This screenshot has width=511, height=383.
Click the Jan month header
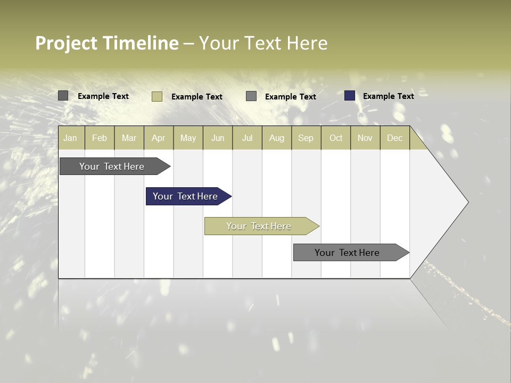pyautogui.click(x=70, y=138)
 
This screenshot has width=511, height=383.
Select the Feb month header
pyautogui.click(x=100, y=138)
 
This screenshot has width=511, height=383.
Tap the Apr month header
pyautogui.click(x=159, y=138)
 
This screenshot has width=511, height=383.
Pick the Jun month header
pyautogui.click(x=218, y=138)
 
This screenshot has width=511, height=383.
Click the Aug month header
pyautogui.click(x=277, y=138)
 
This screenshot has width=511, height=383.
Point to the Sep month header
pyautogui.click(x=306, y=138)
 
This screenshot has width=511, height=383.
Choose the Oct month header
pyautogui.click(x=336, y=138)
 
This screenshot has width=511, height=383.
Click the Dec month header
pyautogui.click(x=395, y=138)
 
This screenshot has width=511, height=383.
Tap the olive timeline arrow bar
pyautogui.click(x=260, y=226)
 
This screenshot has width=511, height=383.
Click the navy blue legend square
pyautogui.click(x=350, y=96)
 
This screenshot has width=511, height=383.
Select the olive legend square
pyautogui.click(x=157, y=96)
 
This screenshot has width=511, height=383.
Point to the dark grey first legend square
pyautogui.click(x=63, y=96)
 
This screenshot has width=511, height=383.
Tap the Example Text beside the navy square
pyautogui.click(x=388, y=96)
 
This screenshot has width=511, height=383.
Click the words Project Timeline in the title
pyautogui.click(x=106, y=43)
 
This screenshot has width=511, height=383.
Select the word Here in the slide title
pyautogui.click(x=307, y=43)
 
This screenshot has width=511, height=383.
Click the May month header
pyautogui.click(x=188, y=138)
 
